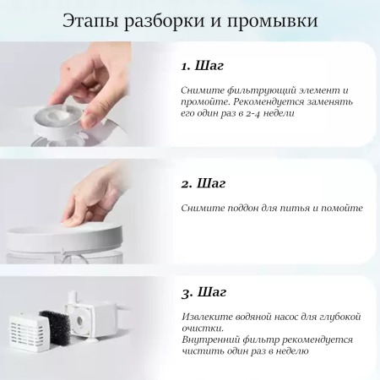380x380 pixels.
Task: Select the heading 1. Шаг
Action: [203, 66]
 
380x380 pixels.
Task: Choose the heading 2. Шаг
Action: [204, 182]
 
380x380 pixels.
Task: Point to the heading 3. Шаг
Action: [204, 293]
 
